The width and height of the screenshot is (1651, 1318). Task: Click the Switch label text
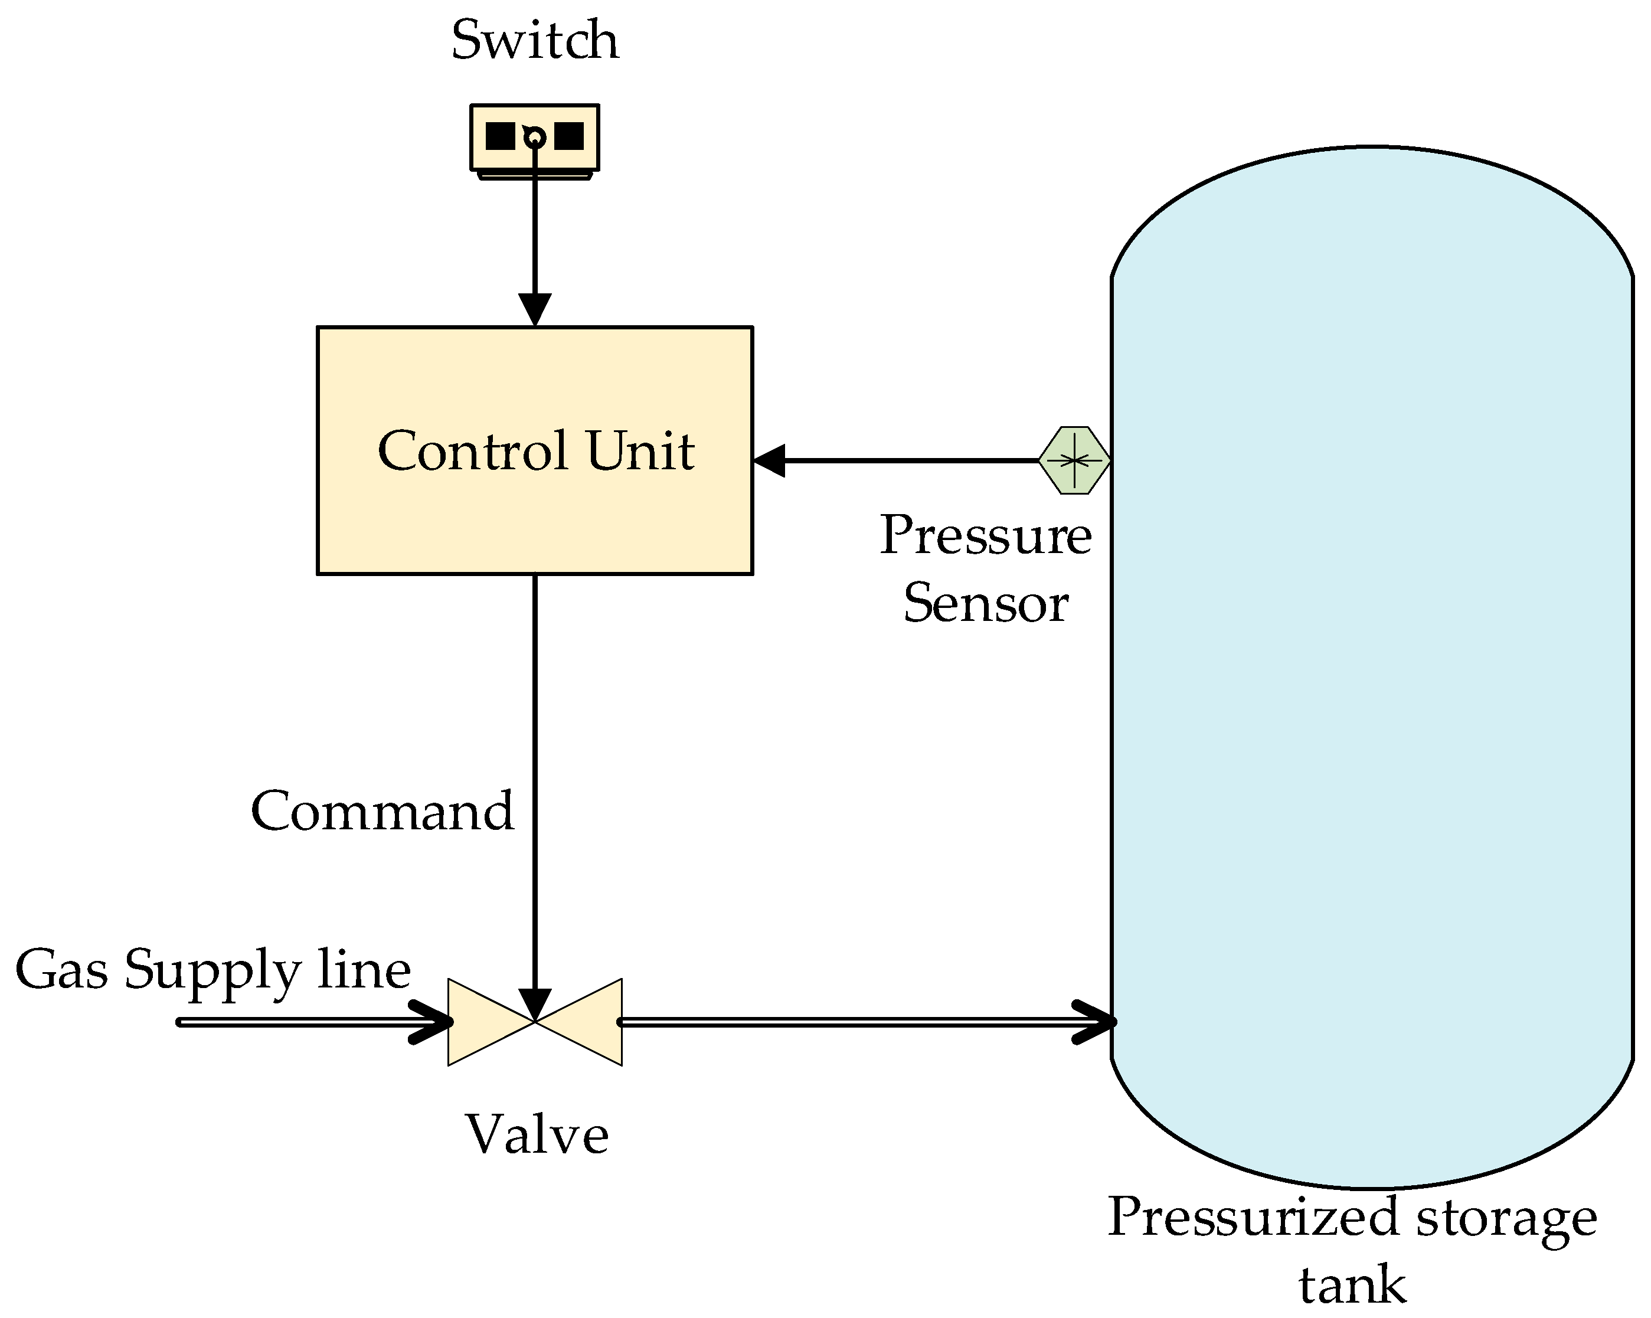click(x=535, y=41)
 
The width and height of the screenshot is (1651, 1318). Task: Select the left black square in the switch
click(x=500, y=136)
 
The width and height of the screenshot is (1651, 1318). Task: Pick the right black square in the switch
click(x=569, y=136)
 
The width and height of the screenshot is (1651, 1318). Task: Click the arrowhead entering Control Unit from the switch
click(x=535, y=310)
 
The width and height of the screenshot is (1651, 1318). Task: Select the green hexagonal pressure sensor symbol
click(x=1074, y=460)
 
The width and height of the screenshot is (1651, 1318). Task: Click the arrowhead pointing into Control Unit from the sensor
click(x=770, y=460)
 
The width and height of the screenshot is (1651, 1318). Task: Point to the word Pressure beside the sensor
click(x=986, y=535)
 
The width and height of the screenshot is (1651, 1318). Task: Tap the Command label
click(x=382, y=811)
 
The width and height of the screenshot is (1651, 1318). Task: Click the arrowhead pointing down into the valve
click(x=535, y=1005)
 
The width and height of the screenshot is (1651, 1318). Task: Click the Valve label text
click(x=537, y=1136)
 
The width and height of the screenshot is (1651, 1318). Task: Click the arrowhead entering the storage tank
click(x=1097, y=1022)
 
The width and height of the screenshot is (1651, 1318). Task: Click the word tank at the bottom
click(x=1352, y=1286)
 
